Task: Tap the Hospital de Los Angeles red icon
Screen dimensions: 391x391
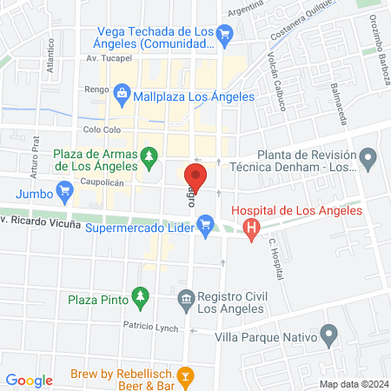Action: [251, 229]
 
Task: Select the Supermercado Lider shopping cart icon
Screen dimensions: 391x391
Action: [206, 229]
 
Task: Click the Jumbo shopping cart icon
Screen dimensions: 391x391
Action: [63, 189]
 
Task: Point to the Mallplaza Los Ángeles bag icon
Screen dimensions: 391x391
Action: [121, 93]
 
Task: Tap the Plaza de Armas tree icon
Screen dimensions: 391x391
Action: [149, 155]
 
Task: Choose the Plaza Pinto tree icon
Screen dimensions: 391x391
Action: [139, 300]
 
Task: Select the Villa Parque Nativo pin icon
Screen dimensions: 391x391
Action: [328, 333]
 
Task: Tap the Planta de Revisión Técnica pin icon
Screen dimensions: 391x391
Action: [368, 159]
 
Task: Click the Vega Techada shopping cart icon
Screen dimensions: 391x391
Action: [225, 34]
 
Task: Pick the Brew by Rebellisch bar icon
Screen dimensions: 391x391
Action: [185, 376]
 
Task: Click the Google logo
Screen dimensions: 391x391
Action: [29, 380]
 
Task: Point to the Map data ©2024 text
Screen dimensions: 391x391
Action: [353, 383]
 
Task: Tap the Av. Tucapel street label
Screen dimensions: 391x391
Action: [108, 59]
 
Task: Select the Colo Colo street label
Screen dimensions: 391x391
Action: [101, 129]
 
